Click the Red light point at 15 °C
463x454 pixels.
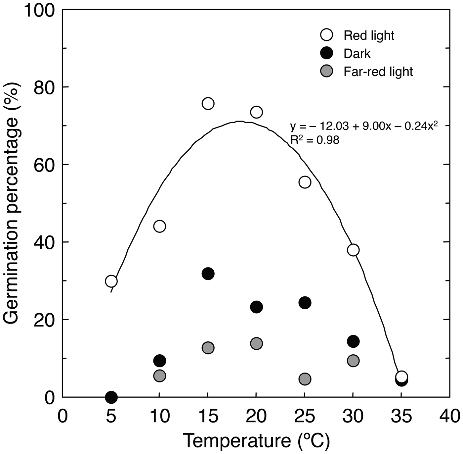click(208, 104)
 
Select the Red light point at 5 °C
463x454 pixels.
click(111, 281)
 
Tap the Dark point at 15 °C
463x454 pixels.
click(208, 274)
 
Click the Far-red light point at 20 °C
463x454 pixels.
click(256, 343)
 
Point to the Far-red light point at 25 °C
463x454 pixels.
click(305, 379)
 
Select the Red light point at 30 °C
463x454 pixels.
click(353, 250)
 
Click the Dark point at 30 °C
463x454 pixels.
click(353, 341)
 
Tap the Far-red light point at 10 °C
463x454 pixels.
click(159, 376)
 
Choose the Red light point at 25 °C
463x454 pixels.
click(305, 182)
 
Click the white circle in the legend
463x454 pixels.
click(327, 35)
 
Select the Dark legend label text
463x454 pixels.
click(357, 54)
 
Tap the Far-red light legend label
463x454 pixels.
click(378, 72)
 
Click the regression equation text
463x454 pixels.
click(364, 126)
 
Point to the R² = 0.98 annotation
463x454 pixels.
click(315, 140)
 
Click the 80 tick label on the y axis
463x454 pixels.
click(44, 87)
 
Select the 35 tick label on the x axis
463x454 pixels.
click(401, 416)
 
